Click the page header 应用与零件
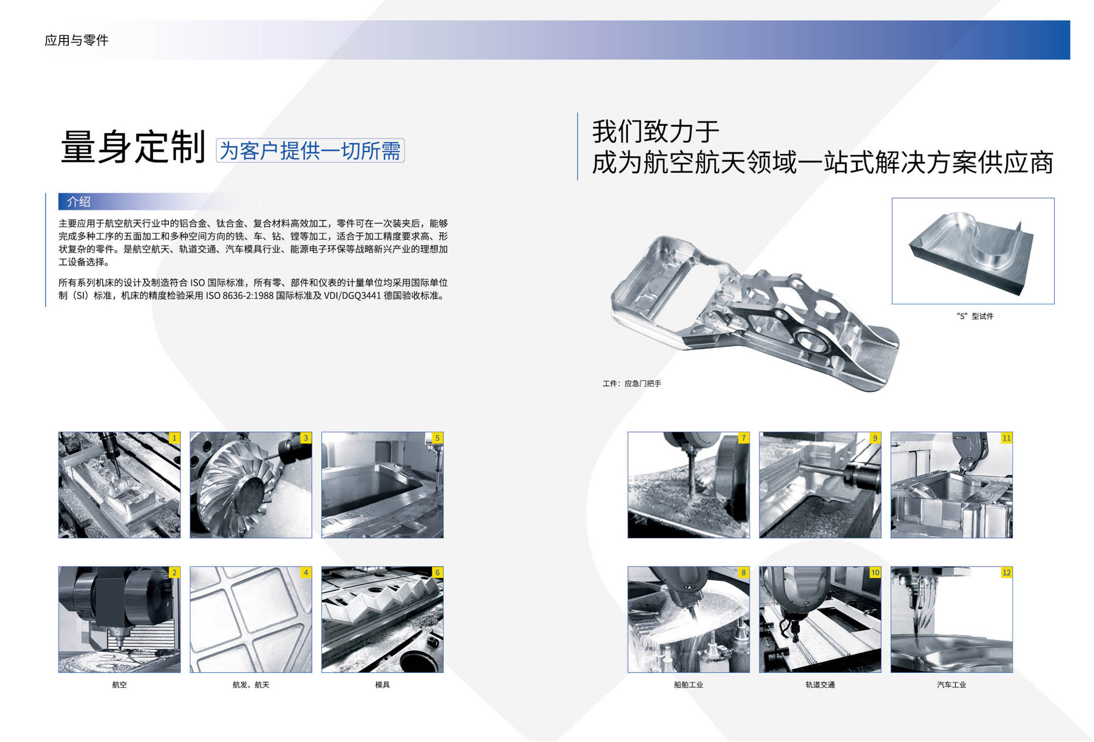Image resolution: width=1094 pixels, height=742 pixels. click(76, 40)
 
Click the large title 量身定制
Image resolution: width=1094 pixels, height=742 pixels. click(133, 147)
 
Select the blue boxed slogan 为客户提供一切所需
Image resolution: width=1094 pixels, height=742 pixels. click(310, 151)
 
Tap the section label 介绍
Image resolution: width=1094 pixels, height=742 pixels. click(79, 202)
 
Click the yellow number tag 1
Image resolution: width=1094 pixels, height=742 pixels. click(174, 438)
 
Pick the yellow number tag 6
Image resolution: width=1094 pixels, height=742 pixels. click(437, 572)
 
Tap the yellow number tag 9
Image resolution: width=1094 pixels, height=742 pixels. click(875, 438)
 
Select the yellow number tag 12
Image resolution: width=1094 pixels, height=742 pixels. click(1006, 572)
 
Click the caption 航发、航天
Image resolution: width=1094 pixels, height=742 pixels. click(250, 685)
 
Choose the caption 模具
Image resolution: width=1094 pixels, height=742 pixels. click(382, 685)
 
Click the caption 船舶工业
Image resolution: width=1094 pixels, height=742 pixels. click(688, 685)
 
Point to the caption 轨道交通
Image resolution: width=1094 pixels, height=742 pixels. click(820, 685)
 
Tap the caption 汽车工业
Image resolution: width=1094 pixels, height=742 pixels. click(951, 685)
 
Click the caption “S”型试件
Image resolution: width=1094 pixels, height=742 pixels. click(974, 316)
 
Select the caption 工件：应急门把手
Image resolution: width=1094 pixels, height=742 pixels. click(632, 384)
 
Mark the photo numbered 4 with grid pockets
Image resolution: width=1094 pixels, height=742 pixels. click(250, 619)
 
